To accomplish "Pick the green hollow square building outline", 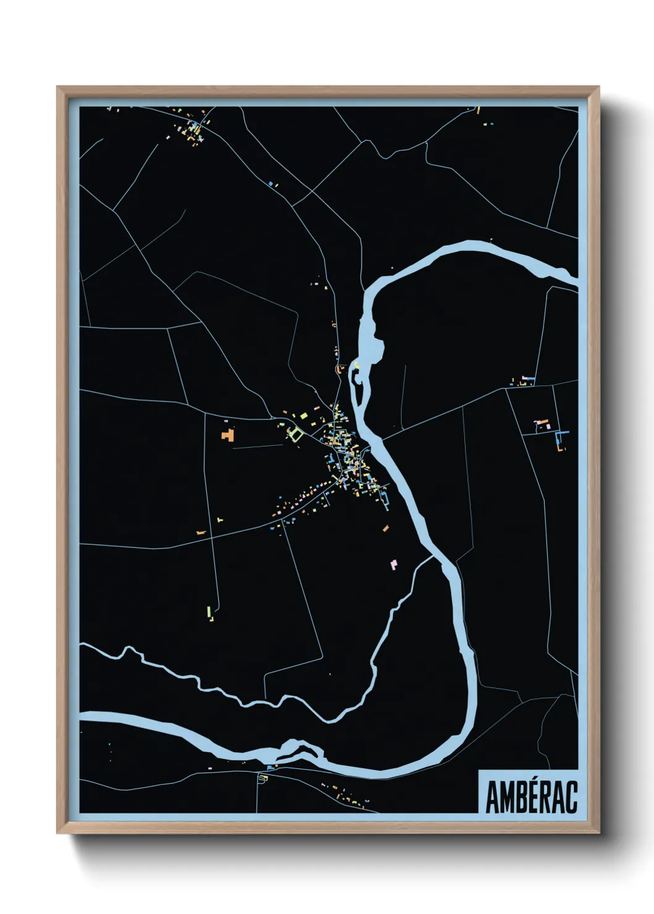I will [x=295, y=434].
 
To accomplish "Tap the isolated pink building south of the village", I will [x=393, y=564].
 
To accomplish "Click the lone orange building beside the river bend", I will [x=385, y=528].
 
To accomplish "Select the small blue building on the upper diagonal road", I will [x=271, y=183].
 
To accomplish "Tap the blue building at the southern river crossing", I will [x=270, y=767].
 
